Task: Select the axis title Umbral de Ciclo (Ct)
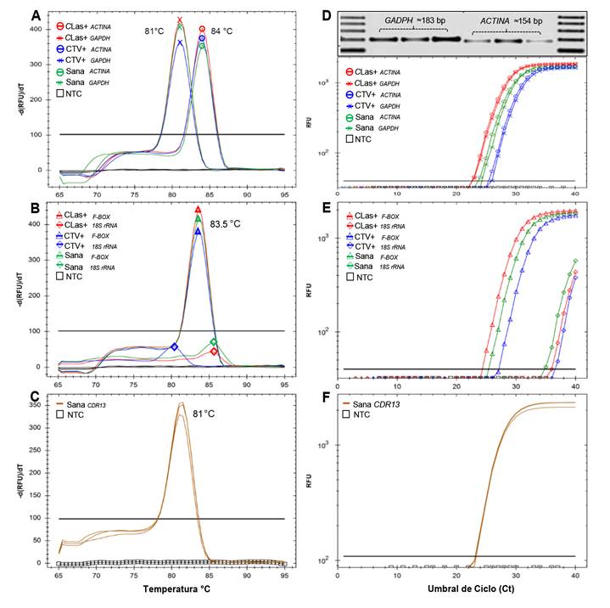coord(457,588)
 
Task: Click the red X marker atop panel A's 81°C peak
coord(179,20)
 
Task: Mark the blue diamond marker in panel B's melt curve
coord(174,346)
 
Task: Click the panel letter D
coord(327,14)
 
